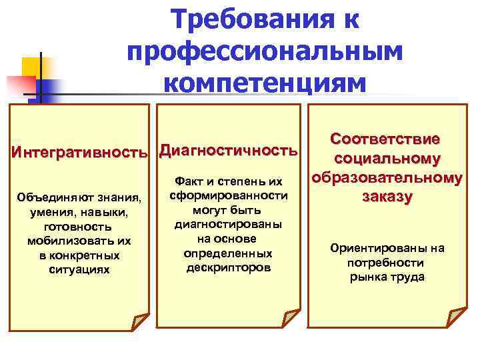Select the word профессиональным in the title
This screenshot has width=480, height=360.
264,52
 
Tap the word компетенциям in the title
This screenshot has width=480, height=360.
264,84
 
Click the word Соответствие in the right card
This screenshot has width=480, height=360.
386,140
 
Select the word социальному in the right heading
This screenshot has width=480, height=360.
387,159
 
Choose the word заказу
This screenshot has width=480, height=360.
387,197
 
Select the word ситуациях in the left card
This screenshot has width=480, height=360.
79,269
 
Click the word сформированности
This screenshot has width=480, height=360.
229,196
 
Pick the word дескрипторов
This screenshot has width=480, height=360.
228,267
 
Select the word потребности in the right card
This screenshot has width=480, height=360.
387,263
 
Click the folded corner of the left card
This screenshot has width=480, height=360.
139,321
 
